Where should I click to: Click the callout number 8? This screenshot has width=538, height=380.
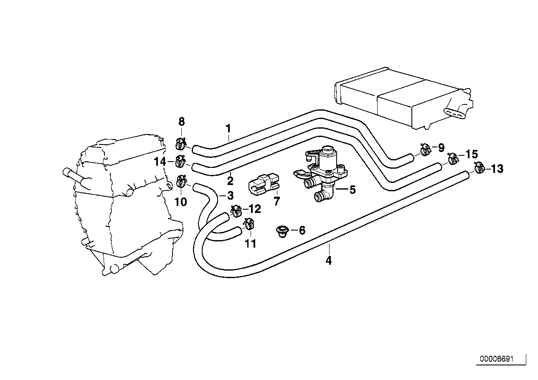pyautogui.click(x=181, y=122)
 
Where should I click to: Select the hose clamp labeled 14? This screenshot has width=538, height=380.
pyautogui.click(x=181, y=160)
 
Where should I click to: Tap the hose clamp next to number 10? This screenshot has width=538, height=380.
pyautogui.click(x=181, y=181)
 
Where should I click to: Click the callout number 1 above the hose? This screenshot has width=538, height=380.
pyautogui.click(x=228, y=128)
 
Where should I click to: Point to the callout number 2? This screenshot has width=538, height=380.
pyautogui.click(x=230, y=181)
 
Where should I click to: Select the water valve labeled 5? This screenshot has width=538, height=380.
pyautogui.click(x=324, y=175)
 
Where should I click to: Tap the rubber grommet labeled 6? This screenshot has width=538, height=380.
pyautogui.click(x=283, y=230)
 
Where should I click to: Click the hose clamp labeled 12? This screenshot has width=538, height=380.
pyautogui.click(x=236, y=210)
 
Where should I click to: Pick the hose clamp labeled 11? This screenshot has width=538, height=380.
pyautogui.click(x=249, y=225)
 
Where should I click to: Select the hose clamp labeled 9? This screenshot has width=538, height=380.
pyautogui.click(x=425, y=149)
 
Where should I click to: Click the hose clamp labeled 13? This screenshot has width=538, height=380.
pyautogui.click(x=479, y=168)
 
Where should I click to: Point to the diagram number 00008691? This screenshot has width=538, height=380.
pyautogui.click(x=496, y=359)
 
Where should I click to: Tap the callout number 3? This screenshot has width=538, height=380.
pyautogui.click(x=230, y=195)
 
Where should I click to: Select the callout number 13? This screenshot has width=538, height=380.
pyautogui.click(x=497, y=169)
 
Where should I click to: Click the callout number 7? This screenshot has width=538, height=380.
pyautogui.click(x=277, y=202)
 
